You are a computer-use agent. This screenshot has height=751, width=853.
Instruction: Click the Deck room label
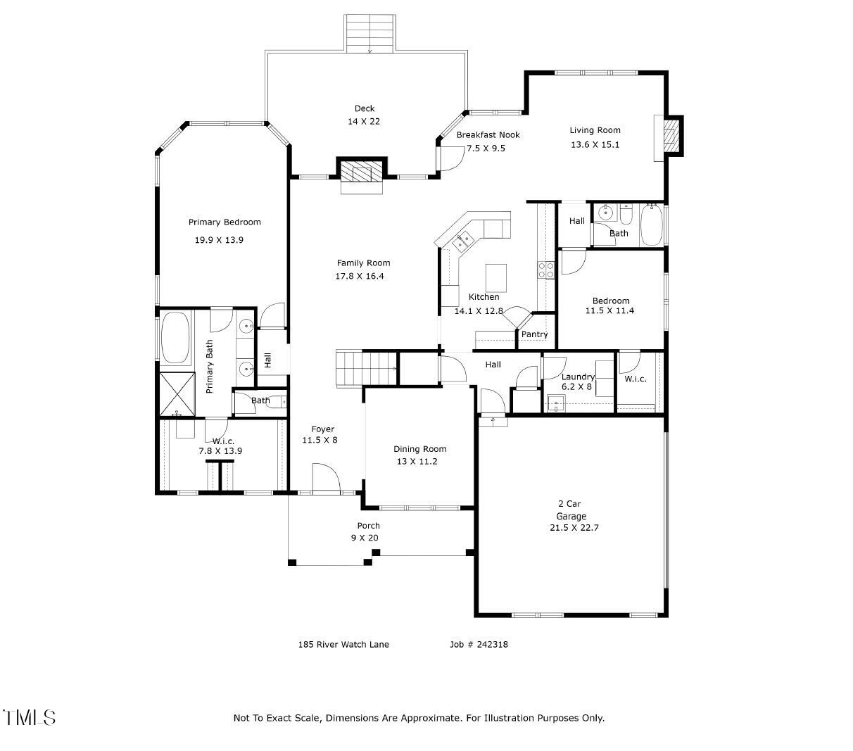(x=364, y=108)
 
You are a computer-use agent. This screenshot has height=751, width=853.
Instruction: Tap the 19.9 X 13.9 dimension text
(x=219, y=240)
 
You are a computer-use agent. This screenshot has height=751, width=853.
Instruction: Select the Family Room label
(x=363, y=263)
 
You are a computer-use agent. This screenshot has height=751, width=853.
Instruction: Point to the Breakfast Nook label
(x=488, y=134)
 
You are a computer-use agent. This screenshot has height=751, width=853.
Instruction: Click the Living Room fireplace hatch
(x=671, y=136)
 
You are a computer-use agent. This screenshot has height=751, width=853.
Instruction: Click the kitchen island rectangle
(x=496, y=278)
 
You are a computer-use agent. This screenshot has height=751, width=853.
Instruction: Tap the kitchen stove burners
(x=545, y=270)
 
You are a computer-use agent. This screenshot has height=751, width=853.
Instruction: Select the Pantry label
(x=534, y=334)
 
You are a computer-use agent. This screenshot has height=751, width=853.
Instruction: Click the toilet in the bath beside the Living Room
(x=626, y=215)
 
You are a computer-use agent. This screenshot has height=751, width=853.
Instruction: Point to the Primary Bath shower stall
(x=177, y=394)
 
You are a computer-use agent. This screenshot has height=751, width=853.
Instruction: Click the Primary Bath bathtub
(x=175, y=337)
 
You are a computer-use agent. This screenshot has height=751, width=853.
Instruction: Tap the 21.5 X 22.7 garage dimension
(x=574, y=528)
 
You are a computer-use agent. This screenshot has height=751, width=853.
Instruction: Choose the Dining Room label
(x=419, y=449)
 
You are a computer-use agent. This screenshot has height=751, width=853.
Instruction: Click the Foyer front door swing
(x=327, y=477)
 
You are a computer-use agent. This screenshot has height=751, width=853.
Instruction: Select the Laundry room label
(x=578, y=377)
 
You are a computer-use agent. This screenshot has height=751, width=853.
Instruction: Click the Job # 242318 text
(x=479, y=645)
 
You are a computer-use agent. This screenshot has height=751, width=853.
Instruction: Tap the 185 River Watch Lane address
(x=343, y=645)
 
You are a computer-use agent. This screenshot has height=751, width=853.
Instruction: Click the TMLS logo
(x=29, y=717)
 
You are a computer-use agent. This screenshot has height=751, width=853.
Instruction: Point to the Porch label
(x=368, y=526)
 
